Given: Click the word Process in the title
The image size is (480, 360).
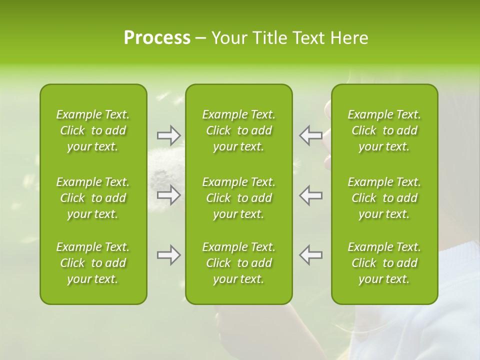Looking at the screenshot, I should coord(157,38).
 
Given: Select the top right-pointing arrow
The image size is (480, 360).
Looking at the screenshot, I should coord(169,135).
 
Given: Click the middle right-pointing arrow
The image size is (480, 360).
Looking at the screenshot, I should coord(169,195).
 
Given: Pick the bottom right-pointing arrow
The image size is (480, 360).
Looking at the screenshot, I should coord(169,255).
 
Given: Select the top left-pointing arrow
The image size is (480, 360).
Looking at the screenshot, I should coord(310,135).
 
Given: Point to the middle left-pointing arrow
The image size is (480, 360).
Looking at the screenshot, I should coord(310,195).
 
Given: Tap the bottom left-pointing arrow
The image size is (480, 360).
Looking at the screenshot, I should coord(310,255).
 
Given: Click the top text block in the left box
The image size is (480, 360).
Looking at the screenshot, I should coord(93,130).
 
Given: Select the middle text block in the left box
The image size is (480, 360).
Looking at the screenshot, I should coord(93,198).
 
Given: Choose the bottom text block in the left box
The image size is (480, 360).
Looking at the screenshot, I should coord(93,263).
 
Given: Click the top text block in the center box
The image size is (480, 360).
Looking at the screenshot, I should coord(239,130).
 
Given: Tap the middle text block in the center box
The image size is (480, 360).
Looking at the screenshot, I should coord(239,198).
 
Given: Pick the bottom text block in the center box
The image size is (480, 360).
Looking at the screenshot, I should coord(239,263).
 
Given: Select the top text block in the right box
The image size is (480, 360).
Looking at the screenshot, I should coord(384,130).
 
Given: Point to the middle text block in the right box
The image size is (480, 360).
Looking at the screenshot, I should coord(384,198).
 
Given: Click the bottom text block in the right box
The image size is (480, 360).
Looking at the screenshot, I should coord(384,263).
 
